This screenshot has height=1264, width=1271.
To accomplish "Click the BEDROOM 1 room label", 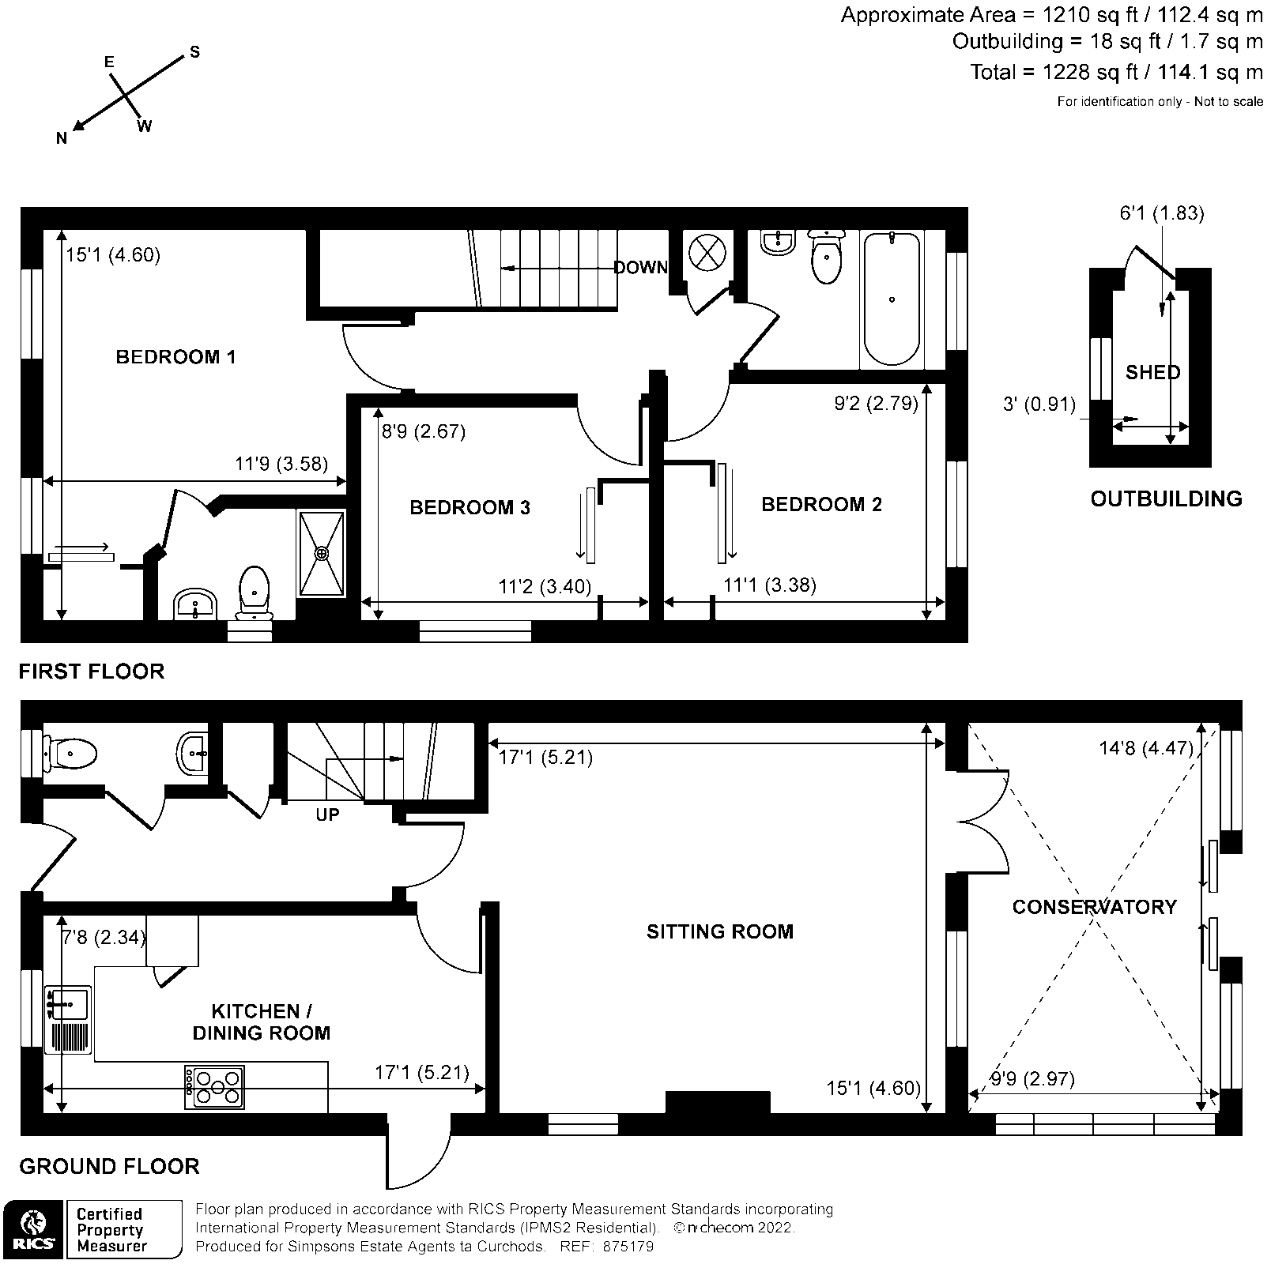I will pyautogui.click(x=175, y=357).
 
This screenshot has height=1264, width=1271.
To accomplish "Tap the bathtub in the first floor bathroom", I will pyautogui.click(x=892, y=298).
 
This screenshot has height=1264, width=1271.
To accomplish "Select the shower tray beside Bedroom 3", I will pyautogui.click(x=321, y=552).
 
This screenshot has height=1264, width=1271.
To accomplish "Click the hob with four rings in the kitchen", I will pyautogui.click(x=215, y=1087).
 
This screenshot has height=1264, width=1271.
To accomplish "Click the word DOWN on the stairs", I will pyautogui.click(x=640, y=268).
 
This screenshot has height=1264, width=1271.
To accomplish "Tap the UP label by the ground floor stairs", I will pyautogui.click(x=327, y=814).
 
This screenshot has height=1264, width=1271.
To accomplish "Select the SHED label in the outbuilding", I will pyautogui.click(x=1152, y=372).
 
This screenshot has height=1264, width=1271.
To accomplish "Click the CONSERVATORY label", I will pyautogui.click(x=1094, y=907).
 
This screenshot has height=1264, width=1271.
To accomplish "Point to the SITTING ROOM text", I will pyautogui.click(x=719, y=931).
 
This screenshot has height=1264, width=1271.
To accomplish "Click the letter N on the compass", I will pyautogui.click(x=62, y=139).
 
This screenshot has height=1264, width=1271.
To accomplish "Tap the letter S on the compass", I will pyautogui.click(x=194, y=53).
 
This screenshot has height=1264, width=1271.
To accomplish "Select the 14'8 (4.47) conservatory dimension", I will pyautogui.click(x=1145, y=747).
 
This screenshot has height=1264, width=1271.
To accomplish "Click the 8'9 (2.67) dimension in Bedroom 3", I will pyautogui.click(x=424, y=431).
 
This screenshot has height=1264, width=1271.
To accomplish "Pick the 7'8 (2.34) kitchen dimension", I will pyautogui.click(x=104, y=938).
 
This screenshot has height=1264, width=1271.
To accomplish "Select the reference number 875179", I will pyautogui.click(x=628, y=1247).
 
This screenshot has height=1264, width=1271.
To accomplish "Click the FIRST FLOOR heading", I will pyautogui.click(x=92, y=671).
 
